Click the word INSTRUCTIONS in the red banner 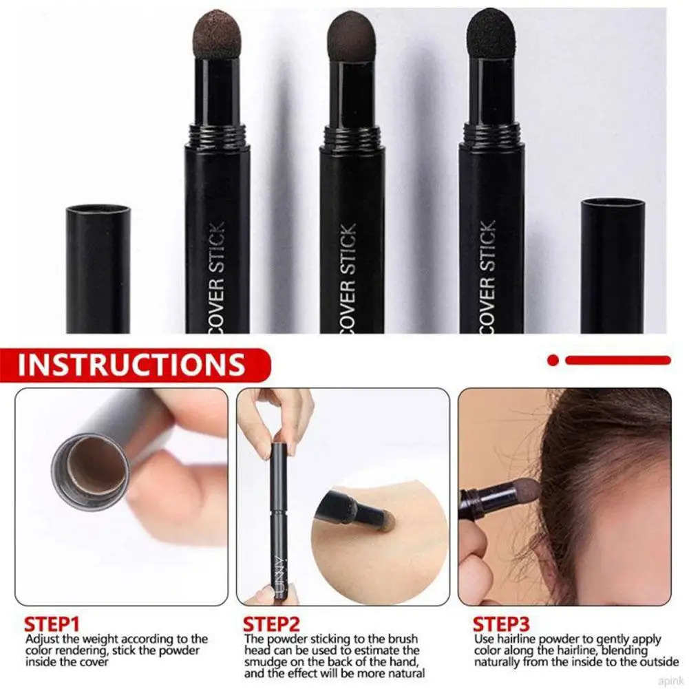(131, 365)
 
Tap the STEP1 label (52, 625)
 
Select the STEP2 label (272, 625)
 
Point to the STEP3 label (500, 625)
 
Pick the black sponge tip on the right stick (491, 33)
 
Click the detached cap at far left (98, 268)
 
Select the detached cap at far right (613, 265)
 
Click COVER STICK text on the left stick (216, 275)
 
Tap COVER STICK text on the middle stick (349, 275)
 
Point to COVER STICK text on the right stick (488, 275)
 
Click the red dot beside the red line (553, 359)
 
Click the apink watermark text (668, 680)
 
